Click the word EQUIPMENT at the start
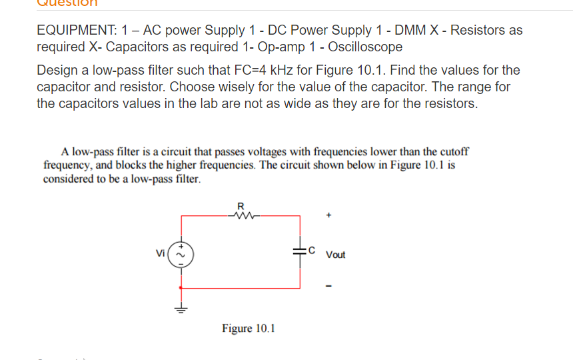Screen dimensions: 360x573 pos(74,30)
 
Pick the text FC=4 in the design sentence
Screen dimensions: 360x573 pos(254,70)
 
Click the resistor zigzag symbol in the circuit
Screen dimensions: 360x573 pos(243,215)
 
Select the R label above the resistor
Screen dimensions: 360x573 pos(241,205)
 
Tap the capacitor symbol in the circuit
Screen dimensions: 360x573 pos(300,251)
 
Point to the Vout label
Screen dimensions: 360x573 pos(336,255)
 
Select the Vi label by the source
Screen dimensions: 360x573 pos(160,253)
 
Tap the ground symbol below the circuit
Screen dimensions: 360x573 pos(180,308)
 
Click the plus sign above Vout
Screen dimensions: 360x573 pos(328,216)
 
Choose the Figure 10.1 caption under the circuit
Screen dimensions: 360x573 pos(249,328)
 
